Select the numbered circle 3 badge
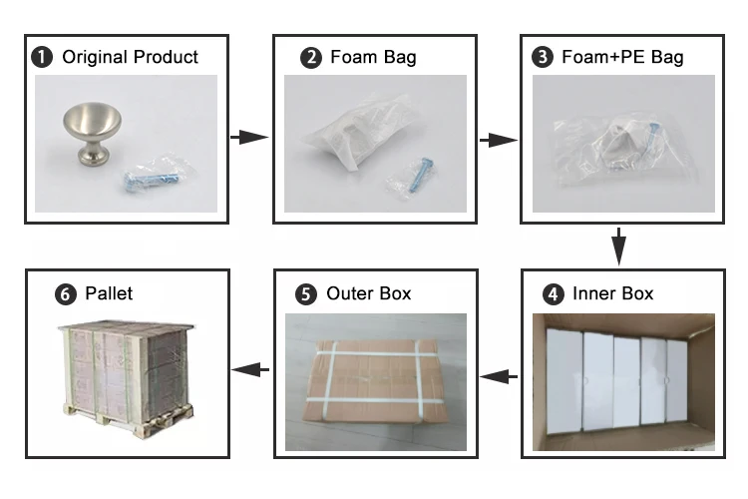coord(544,57)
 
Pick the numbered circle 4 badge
coord(552,294)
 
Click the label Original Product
coord(130,57)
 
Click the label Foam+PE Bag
coord(622,57)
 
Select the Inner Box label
coord(612,294)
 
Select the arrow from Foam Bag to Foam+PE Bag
coord(497,140)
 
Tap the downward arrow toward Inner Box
coord(618,246)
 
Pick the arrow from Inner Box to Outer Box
coord(500,375)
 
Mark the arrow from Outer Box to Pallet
coord(250,369)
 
